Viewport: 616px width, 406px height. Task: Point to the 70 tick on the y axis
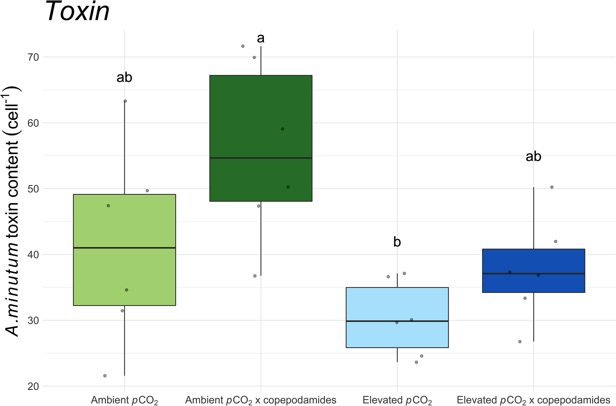[x=33, y=57]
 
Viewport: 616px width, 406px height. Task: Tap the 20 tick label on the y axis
[x=33, y=386]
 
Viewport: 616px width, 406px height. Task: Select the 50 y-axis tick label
[x=33, y=189]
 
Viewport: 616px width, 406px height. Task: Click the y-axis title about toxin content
[x=12, y=211]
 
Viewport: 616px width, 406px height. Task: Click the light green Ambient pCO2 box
[x=124, y=277]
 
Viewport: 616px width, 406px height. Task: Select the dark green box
[x=261, y=117]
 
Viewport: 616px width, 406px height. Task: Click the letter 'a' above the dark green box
[x=261, y=38]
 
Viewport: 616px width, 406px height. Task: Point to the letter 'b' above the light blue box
[x=397, y=242]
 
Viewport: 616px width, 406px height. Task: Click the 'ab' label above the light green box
[x=124, y=77]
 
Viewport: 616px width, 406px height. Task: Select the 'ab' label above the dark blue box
[x=533, y=157]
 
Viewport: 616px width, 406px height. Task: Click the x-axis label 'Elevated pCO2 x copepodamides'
[x=533, y=400]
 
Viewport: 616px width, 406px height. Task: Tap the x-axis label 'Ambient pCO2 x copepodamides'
[x=261, y=400]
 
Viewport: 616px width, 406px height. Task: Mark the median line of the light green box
[x=124, y=248]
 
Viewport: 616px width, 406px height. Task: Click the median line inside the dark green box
[x=261, y=158]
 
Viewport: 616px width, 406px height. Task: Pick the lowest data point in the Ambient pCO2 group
[x=105, y=376]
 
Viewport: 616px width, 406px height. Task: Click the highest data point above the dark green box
[x=243, y=46]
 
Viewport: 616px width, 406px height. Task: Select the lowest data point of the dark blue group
[x=520, y=342]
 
